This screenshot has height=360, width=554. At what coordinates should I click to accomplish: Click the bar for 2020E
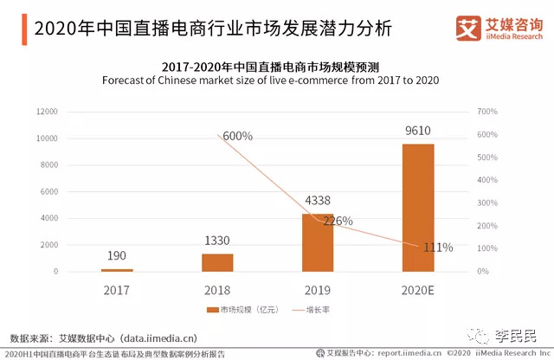click(x=418, y=208)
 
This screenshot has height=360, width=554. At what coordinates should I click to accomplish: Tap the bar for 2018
click(x=217, y=262)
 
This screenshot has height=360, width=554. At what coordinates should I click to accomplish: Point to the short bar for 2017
click(x=117, y=270)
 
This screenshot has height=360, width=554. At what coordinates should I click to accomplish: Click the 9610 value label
click(x=418, y=132)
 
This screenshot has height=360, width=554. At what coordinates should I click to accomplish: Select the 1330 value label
click(x=217, y=241)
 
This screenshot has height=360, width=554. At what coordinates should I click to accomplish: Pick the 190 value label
click(x=117, y=256)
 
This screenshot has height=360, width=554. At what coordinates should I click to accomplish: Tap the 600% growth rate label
click(x=237, y=136)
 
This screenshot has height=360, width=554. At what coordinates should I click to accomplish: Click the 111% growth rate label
click(x=438, y=247)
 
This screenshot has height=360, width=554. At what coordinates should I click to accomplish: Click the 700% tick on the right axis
click(x=488, y=112)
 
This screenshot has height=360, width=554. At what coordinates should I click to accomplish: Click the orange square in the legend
click(x=210, y=310)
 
